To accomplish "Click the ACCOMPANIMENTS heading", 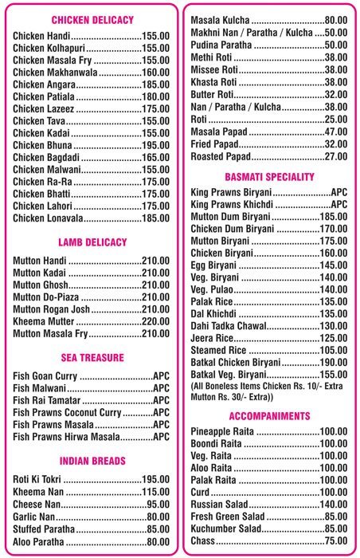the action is (x=269, y=416).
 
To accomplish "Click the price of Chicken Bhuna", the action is (x=155, y=145).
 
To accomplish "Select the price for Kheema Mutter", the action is (x=155, y=322).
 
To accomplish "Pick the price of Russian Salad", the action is (x=333, y=505).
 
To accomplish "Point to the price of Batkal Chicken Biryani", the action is (x=333, y=362).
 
